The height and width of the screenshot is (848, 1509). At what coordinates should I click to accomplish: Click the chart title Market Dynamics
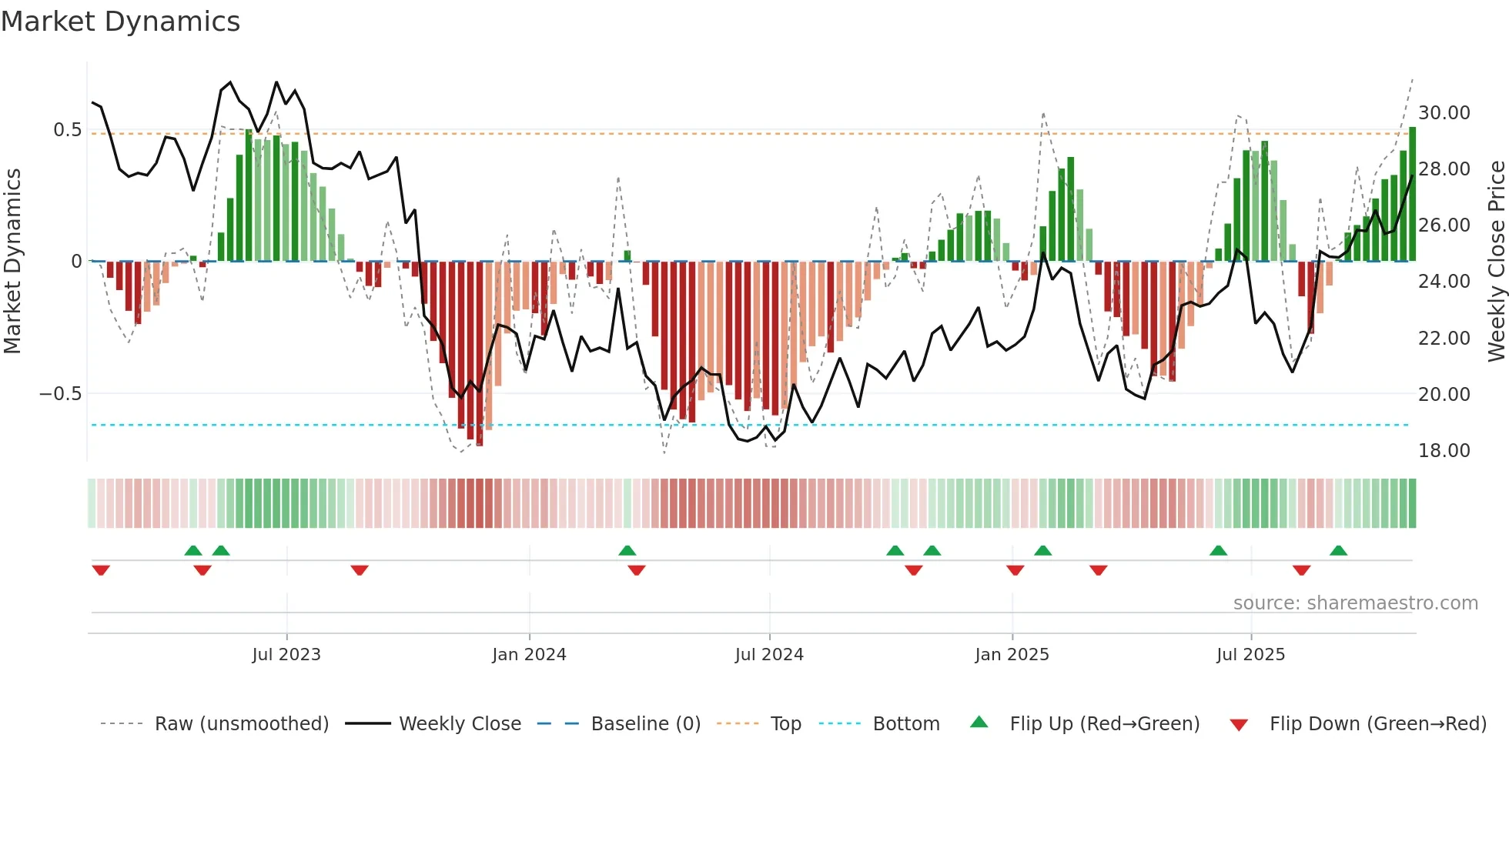tap(120, 22)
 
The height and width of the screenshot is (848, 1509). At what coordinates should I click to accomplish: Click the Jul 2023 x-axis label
tap(286, 655)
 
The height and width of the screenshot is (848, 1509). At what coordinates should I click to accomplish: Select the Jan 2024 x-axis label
tap(530, 655)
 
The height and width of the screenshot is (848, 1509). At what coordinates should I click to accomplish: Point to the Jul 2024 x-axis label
tap(769, 655)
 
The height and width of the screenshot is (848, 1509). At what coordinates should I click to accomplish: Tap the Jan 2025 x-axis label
tap(1012, 655)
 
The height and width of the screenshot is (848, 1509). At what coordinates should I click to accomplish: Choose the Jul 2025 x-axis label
tap(1251, 655)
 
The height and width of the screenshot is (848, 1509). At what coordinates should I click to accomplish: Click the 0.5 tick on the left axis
tap(67, 130)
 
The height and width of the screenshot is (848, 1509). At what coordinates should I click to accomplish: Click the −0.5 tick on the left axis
tap(60, 394)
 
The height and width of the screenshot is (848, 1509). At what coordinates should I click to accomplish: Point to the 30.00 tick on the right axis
tap(1444, 113)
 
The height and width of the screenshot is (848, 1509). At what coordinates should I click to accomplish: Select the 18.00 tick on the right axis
tap(1444, 451)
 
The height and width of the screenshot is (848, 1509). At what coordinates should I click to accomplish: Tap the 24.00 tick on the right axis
tap(1444, 282)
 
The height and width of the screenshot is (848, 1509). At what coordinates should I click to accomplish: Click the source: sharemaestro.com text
tap(1355, 603)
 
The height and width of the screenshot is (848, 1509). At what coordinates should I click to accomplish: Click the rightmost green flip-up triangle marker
tap(1338, 551)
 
